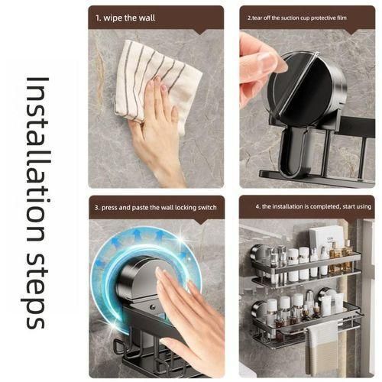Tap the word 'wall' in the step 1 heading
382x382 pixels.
tap(147, 18)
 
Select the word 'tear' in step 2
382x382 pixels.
tap(257, 18)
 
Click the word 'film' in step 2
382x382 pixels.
tap(342, 18)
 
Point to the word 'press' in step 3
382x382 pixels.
tap(109, 208)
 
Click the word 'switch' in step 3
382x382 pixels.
tap(208, 208)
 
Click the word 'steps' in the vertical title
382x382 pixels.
tap(35, 286)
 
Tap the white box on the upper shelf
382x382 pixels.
tap(325, 238)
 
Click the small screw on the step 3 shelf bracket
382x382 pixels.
tap(153, 307)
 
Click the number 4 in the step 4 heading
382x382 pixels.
tap(257, 206)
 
